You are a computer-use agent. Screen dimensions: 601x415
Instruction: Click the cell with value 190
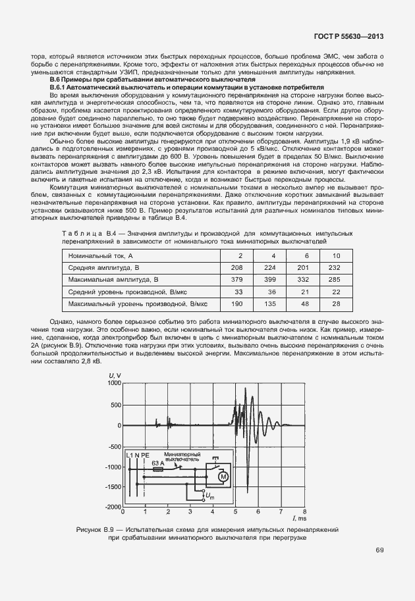(x=239, y=303)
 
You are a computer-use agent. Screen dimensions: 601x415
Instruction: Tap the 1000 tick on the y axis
(x=115, y=383)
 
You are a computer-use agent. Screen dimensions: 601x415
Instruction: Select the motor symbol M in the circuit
(x=223, y=475)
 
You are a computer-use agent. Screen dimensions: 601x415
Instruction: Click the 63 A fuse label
(x=158, y=463)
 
